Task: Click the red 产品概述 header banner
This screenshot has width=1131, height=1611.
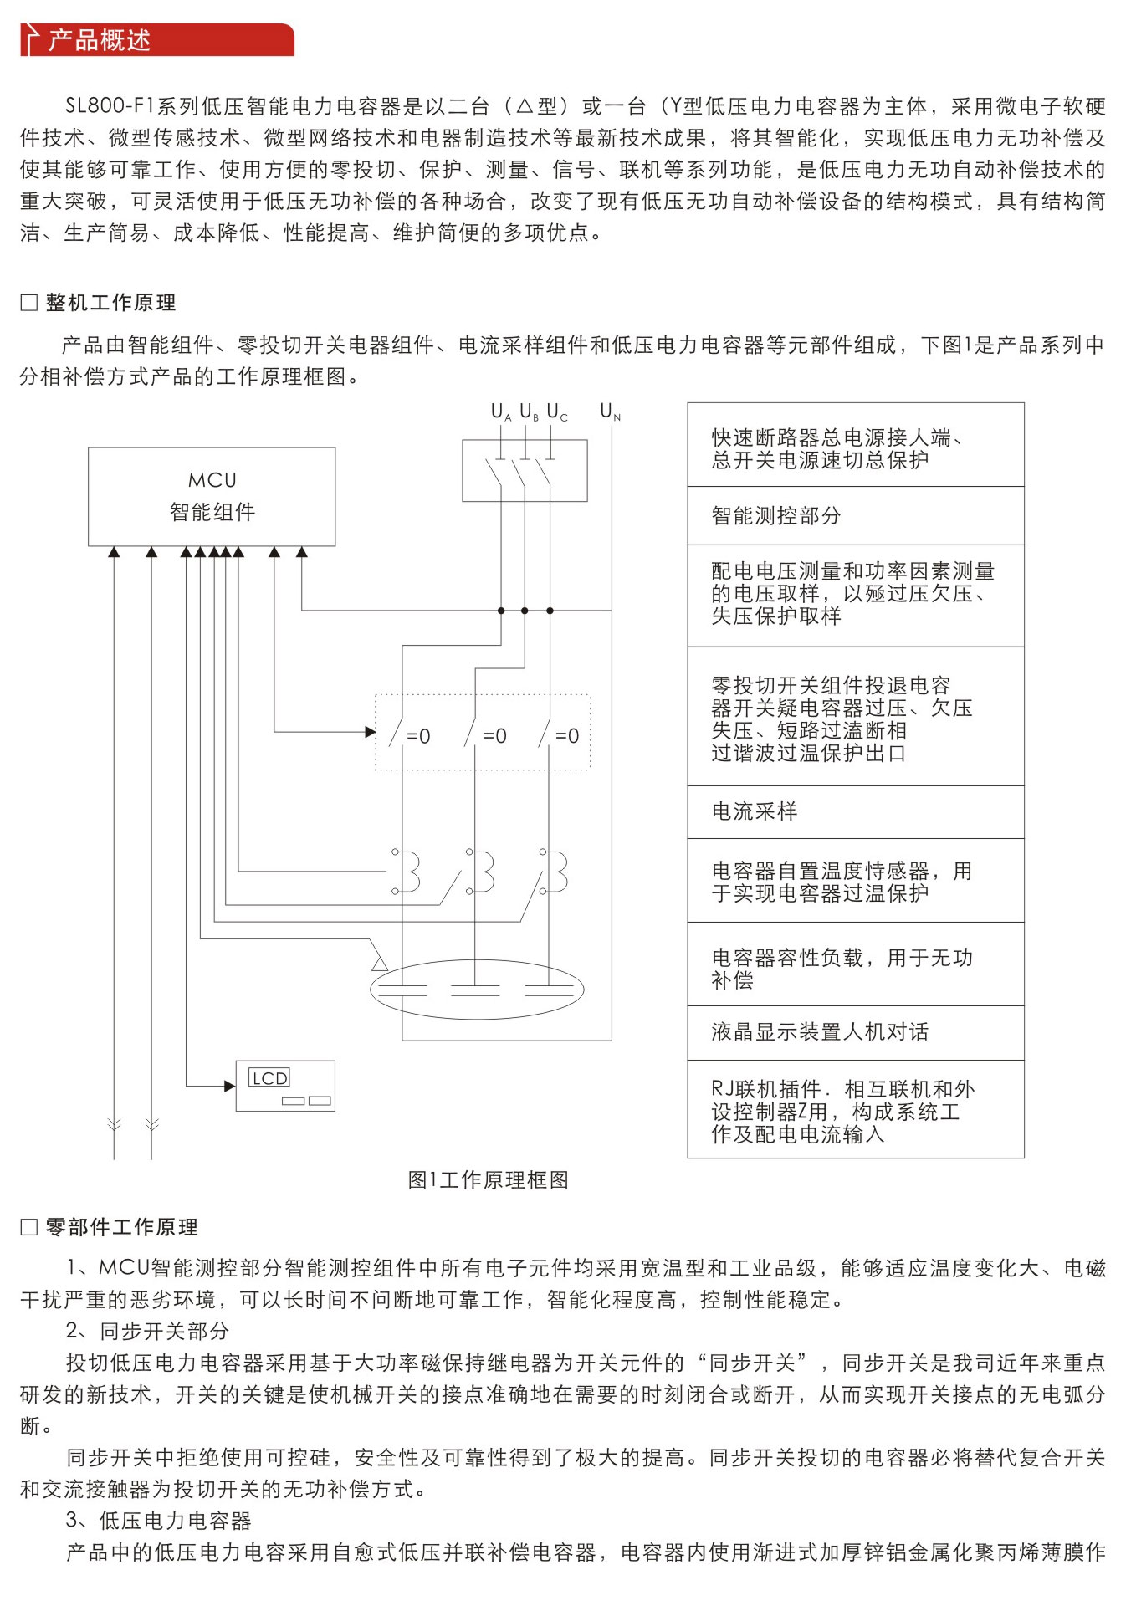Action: (157, 40)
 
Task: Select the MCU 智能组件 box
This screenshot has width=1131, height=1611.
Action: (212, 496)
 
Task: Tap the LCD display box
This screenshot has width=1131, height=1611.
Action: (285, 1086)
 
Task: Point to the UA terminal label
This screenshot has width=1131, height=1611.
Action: (500, 412)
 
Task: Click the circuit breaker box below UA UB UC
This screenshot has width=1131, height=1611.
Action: (525, 470)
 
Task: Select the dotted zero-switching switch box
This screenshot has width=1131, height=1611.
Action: (482, 732)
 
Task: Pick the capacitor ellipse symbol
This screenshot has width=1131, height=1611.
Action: (477, 989)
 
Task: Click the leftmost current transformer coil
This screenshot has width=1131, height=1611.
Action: (407, 872)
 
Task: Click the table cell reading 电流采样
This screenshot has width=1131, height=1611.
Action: (855, 811)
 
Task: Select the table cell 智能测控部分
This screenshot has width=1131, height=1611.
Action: (855, 515)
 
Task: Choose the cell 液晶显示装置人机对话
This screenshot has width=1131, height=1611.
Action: (855, 1032)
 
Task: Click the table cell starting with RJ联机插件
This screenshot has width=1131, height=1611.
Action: (855, 1111)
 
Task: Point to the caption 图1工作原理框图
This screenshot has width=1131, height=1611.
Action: (488, 1179)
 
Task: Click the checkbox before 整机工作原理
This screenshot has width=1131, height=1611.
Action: (29, 303)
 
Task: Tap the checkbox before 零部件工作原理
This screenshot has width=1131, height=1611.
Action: (29, 1227)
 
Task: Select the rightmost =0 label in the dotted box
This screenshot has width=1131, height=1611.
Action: (567, 736)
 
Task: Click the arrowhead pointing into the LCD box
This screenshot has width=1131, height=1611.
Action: (230, 1086)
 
